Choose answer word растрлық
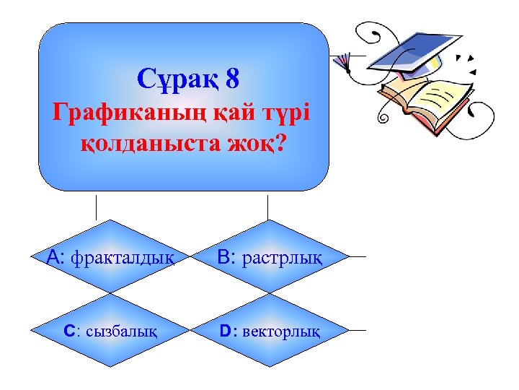tap(282, 256)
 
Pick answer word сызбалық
tap(124, 331)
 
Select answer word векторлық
tap(282, 331)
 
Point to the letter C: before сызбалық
tap(71, 331)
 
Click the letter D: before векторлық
tap(228, 331)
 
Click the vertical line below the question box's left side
tap(97, 205)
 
